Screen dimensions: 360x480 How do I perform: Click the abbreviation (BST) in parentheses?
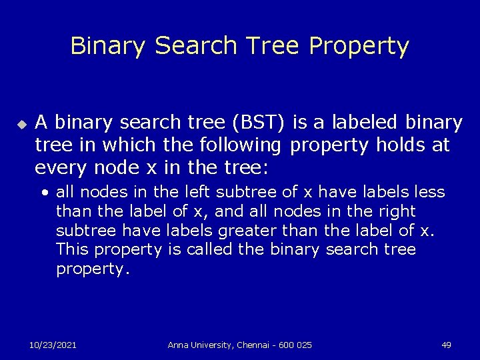[256, 123]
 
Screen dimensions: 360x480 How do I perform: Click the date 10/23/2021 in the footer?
[53, 345]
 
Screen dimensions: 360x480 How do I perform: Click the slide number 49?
[446, 345]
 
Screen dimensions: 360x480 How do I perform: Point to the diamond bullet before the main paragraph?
[21, 124]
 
